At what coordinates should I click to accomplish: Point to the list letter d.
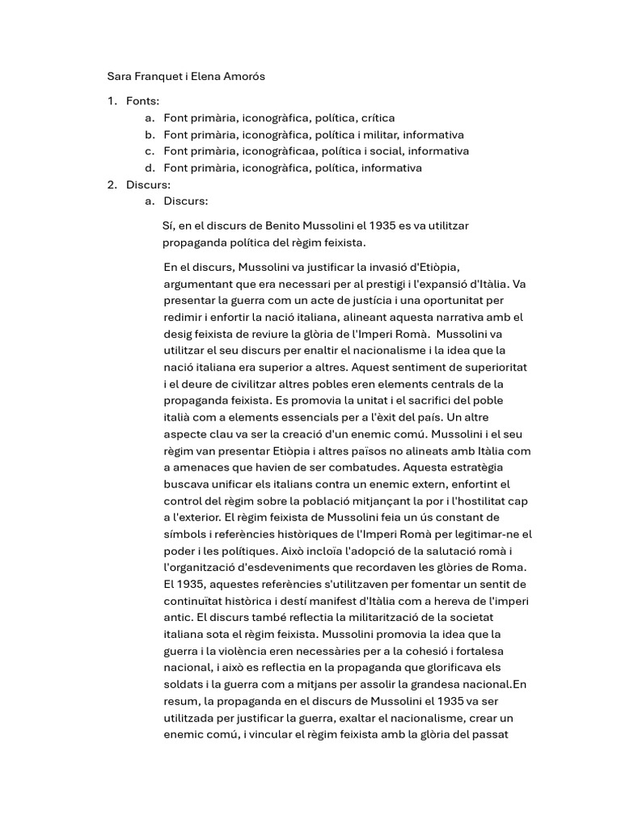tap(150, 168)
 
